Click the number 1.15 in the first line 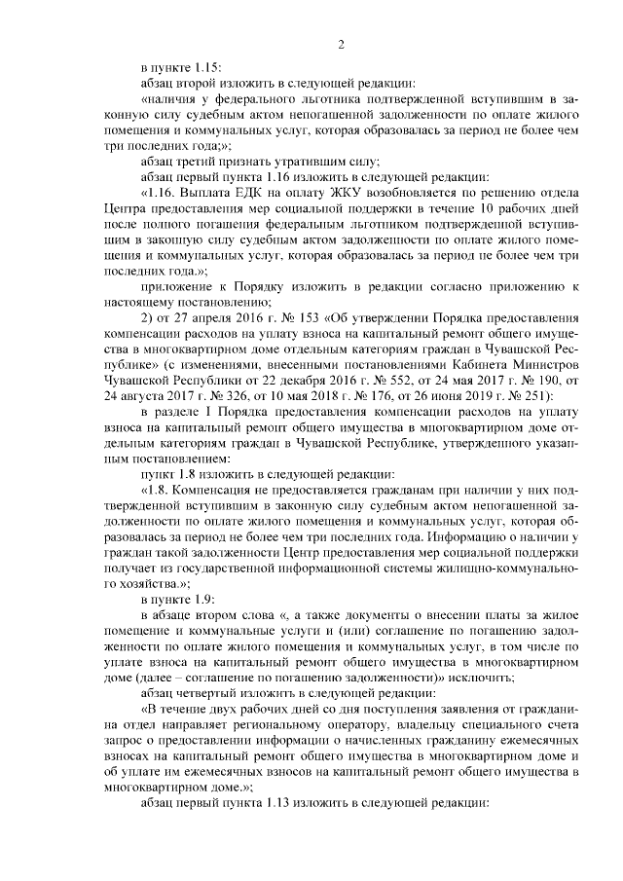206,67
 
